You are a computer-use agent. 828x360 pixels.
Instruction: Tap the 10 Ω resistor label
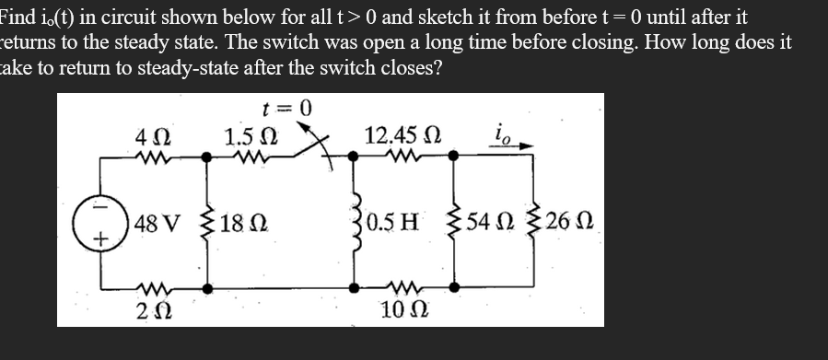coord(401,309)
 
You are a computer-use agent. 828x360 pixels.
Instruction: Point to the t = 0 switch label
coord(285,108)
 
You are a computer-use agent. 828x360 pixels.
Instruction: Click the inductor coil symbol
coord(358,224)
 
